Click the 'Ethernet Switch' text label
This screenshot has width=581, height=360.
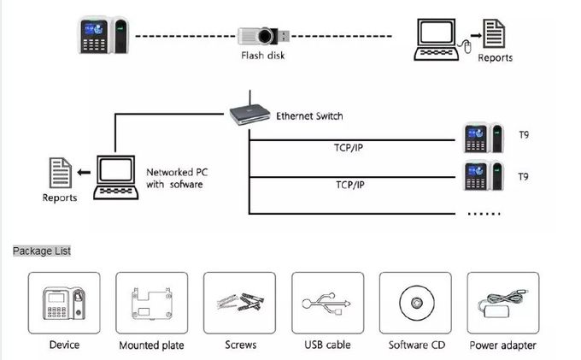(x=309, y=115)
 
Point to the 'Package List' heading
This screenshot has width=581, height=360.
(x=42, y=251)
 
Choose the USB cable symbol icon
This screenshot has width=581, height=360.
(x=326, y=304)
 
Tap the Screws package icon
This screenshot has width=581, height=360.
(x=239, y=304)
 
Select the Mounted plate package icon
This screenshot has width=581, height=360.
(x=151, y=304)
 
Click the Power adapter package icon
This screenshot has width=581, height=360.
(x=502, y=304)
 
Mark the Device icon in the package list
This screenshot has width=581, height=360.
(x=64, y=304)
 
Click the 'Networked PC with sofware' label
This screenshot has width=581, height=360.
(x=175, y=177)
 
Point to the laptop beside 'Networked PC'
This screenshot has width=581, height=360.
(x=115, y=174)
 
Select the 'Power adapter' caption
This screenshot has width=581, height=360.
(x=502, y=345)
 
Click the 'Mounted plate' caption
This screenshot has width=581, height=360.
(x=151, y=345)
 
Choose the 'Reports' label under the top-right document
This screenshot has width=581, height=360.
(x=495, y=57)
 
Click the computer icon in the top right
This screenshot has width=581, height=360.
(x=438, y=38)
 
